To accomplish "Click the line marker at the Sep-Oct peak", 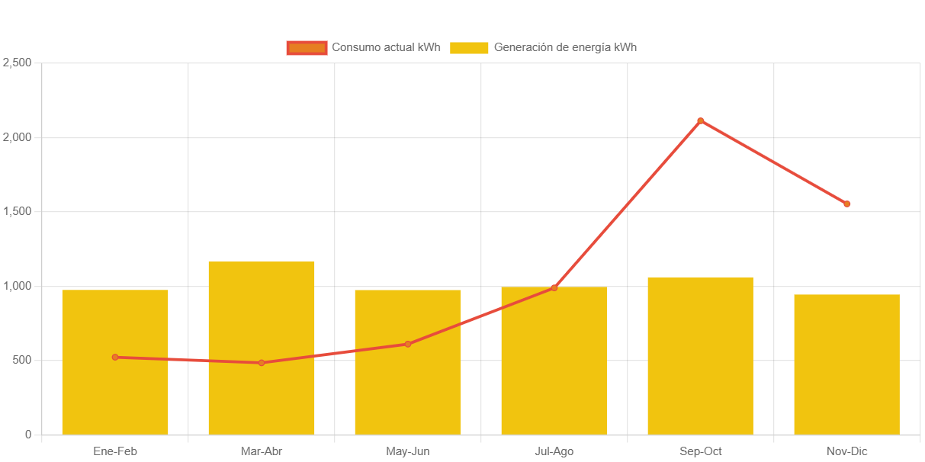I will click(700, 120).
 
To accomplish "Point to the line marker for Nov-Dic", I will click(846, 204).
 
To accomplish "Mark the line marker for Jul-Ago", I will click(554, 287).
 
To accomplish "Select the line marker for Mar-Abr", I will click(262, 363).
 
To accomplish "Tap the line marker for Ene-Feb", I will click(115, 357).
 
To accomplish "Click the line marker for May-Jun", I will click(408, 344).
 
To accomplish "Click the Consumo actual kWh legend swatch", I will click(307, 47).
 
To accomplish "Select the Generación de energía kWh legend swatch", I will click(469, 47).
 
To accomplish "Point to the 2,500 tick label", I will click(17, 63).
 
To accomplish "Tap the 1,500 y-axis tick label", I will click(17, 211).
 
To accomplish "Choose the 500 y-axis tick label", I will click(22, 360).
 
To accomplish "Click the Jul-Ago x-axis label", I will click(554, 451).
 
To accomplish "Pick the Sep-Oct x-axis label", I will click(700, 451).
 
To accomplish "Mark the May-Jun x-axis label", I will click(408, 451).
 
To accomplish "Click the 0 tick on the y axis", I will click(28, 435).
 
